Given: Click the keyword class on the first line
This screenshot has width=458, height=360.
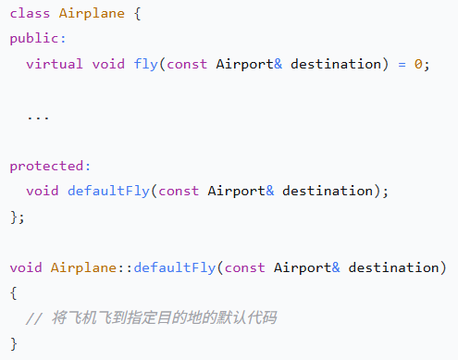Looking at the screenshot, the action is coord(30,14).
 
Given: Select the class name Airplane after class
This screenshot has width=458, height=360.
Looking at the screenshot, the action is coord(92,14).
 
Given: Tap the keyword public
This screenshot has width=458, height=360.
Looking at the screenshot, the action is coord(34,39).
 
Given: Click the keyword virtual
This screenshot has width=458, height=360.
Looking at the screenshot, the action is coord(55,64).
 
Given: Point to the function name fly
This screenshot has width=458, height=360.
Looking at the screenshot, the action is coord(145,65).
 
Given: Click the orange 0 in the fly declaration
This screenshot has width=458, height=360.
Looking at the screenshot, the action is coord(418,64).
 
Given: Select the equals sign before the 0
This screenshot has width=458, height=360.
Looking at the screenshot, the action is coord(402,65).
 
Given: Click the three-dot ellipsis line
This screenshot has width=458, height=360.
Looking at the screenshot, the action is coord(38,118).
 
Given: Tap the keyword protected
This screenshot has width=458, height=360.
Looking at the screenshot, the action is coord(46,166).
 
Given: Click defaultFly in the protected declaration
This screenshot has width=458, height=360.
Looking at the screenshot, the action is coord(108,191).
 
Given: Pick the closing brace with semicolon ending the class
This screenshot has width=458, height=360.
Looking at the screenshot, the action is coord(18,217).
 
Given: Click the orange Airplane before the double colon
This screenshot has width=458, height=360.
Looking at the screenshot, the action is coord(83,267).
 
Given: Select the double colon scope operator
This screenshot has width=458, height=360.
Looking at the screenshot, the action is coord(125,268).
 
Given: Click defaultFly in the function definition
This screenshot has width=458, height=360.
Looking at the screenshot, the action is coord(175,267).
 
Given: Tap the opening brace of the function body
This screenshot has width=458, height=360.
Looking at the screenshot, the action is coord(14,293).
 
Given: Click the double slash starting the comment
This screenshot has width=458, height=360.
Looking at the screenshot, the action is coord(34,318).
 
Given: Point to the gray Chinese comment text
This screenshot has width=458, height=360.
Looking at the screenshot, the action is coord(164,317).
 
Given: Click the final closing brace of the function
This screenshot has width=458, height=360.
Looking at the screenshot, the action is coord(14,343).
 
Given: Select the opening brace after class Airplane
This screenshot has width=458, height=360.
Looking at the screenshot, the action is coord(138,14).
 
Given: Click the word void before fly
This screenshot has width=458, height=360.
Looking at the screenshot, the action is coord(108,64).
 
